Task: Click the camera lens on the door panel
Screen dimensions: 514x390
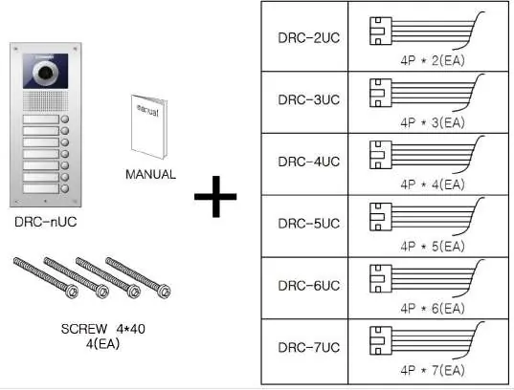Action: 46,72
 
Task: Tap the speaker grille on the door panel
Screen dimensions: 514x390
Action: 46,101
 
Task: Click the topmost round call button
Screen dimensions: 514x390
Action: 65,119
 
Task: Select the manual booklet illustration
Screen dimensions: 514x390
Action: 149,127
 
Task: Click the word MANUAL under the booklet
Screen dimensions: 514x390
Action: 151,174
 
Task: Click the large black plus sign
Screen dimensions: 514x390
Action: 215,197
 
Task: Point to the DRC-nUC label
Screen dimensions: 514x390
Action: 46,222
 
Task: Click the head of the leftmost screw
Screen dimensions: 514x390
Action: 72,292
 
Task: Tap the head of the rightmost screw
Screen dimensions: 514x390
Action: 164,292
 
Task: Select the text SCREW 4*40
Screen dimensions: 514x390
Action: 103,329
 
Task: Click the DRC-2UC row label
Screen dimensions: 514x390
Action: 309,37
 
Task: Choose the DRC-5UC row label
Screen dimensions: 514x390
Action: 309,224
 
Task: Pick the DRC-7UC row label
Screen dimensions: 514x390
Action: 309,347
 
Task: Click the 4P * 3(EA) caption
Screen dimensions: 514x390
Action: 433,122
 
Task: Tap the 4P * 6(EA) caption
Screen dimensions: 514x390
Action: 433,308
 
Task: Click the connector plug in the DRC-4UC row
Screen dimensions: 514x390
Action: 381,155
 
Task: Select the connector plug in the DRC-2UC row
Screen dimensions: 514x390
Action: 381,32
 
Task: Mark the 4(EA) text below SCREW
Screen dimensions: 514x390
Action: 103,344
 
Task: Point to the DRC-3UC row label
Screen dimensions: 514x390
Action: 309,99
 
